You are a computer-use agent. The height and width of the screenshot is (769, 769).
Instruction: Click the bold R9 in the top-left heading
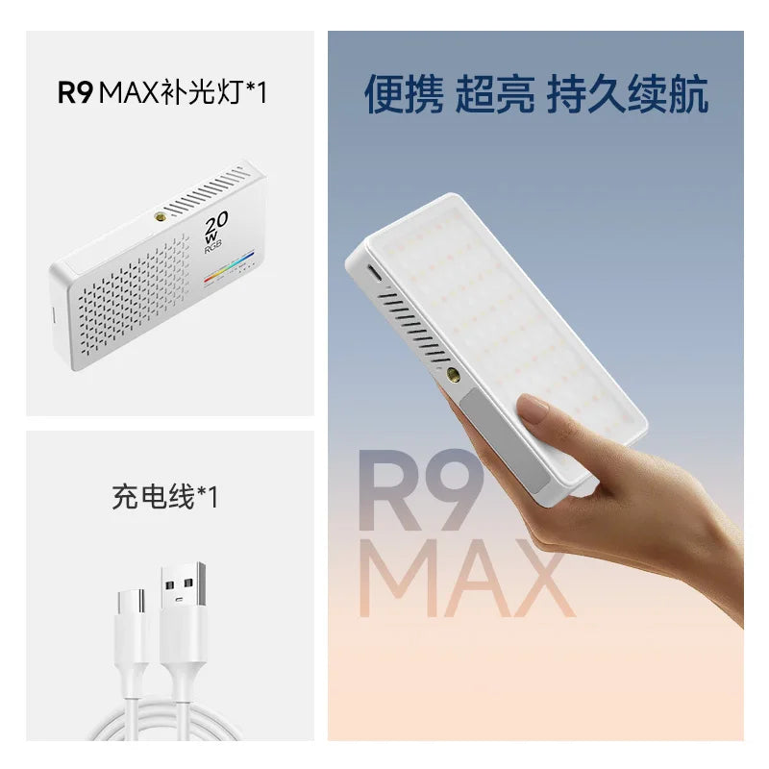tap(75, 91)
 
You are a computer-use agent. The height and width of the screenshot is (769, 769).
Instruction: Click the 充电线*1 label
tap(164, 496)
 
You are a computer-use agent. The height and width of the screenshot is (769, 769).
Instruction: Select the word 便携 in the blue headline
tap(403, 94)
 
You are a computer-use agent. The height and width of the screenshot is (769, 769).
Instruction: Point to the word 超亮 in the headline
tap(494, 94)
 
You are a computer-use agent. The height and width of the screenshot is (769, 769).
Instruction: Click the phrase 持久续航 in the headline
tap(628, 94)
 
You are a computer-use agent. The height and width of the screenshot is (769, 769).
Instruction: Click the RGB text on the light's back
tap(213, 246)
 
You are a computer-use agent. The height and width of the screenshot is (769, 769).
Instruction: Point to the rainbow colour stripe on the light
tap(229, 266)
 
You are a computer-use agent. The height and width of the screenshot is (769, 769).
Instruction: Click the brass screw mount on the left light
tap(160, 216)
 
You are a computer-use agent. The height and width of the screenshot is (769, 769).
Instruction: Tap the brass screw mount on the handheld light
tap(453, 375)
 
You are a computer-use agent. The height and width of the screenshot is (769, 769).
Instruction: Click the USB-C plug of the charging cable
tap(132, 603)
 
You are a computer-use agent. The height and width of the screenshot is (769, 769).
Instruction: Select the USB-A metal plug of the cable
tap(183, 584)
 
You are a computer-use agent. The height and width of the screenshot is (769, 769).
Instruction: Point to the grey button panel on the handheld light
tap(504, 439)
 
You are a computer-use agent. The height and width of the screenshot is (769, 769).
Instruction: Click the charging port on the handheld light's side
tap(374, 273)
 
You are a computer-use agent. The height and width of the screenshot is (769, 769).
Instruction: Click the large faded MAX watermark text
tap(466, 579)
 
